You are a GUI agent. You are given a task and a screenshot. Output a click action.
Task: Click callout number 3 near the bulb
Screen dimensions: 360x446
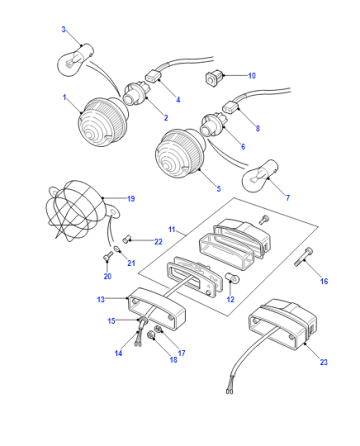(64, 29)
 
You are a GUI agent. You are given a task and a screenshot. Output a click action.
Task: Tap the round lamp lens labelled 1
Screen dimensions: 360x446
(103, 122)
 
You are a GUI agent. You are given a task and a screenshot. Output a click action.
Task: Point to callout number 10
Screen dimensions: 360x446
(252, 76)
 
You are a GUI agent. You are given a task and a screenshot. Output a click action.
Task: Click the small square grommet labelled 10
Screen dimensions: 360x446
(213, 79)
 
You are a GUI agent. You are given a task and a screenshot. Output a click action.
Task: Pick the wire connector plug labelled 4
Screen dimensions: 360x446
(153, 76)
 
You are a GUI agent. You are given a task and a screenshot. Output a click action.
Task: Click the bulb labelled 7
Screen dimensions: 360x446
(261, 176)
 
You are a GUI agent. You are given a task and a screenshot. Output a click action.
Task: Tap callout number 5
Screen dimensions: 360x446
(219, 189)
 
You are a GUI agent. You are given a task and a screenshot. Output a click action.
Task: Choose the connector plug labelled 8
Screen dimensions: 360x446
(231, 106)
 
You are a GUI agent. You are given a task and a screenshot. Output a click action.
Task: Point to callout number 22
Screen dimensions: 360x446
(158, 242)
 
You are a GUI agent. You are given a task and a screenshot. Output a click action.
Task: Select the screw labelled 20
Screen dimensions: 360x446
(108, 257)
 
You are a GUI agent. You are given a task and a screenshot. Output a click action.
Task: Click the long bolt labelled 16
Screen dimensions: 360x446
(303, 256)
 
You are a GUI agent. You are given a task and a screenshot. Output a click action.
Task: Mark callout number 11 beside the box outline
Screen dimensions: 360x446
(172, 229)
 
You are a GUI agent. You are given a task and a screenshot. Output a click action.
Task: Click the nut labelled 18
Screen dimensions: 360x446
(152, 336)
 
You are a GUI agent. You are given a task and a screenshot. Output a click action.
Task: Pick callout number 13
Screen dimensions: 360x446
(101, 299)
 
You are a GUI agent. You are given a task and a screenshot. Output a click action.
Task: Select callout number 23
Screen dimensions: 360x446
(324, 362)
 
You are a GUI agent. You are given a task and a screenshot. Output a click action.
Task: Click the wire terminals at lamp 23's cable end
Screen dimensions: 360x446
(230, 390)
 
